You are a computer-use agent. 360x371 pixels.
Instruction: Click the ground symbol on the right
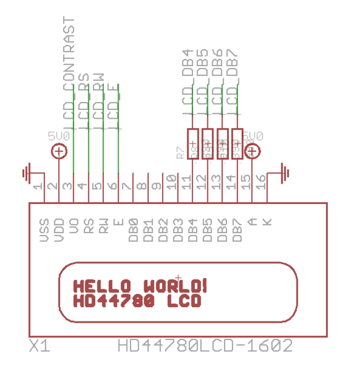[284, 171]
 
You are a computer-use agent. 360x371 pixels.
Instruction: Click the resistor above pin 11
[193, 144]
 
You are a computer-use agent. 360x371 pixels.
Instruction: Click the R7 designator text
[180, 153]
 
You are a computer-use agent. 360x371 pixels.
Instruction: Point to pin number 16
[261, 182]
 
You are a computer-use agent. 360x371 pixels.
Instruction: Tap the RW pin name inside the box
[103, 226]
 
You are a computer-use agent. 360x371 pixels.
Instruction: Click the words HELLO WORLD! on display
[140, 286]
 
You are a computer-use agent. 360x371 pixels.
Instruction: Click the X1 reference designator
[39, 346]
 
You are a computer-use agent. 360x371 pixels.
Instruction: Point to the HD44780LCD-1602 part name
[205, 346]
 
